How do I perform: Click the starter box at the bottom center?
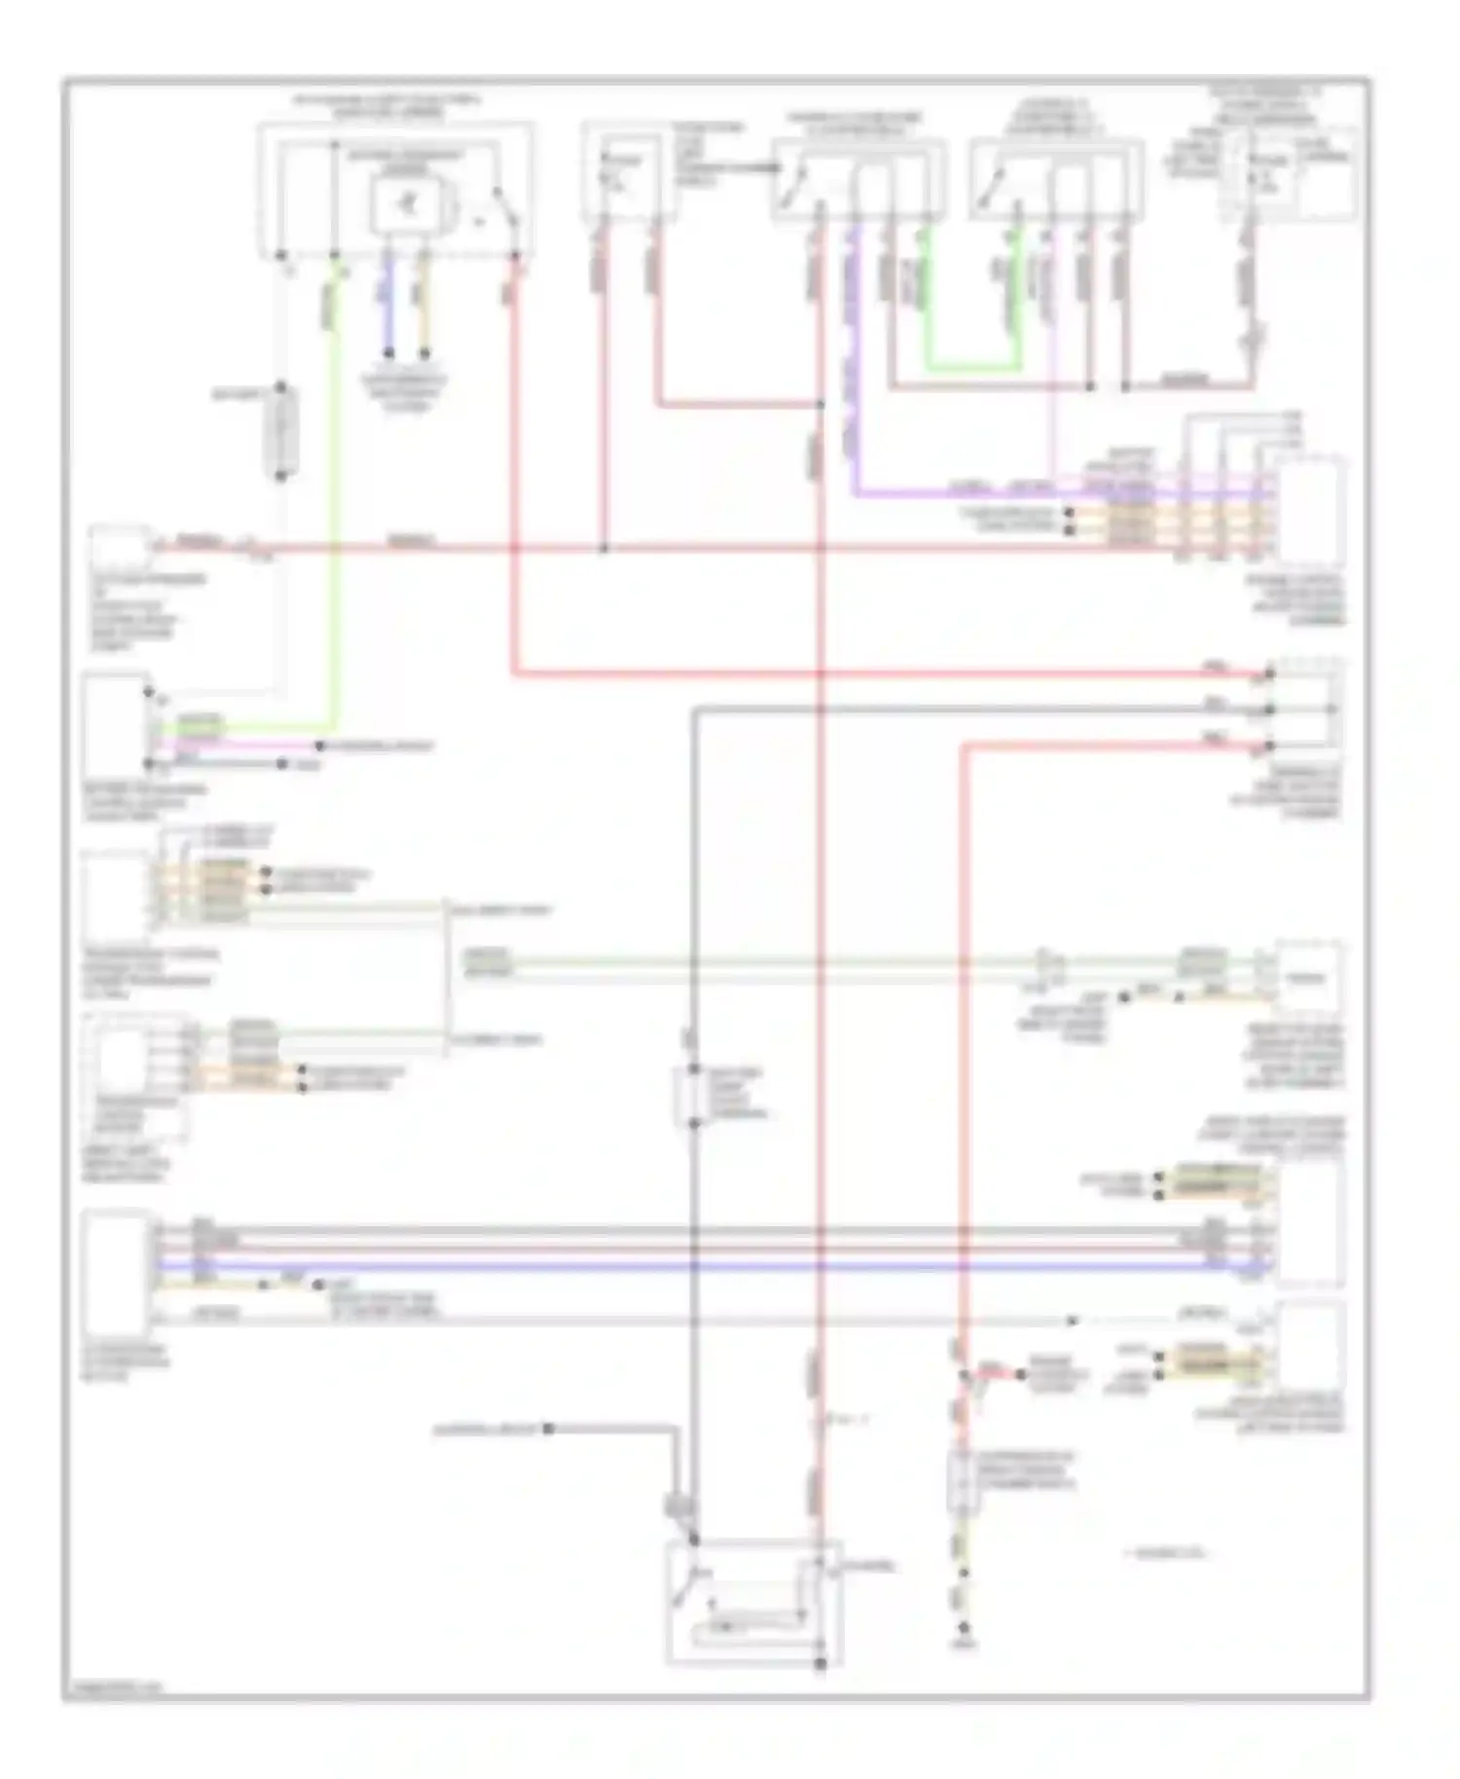(751, 1603)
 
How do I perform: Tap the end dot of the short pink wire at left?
(320, 746)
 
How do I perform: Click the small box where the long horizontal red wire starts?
(119, 550)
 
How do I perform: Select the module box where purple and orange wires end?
(1312, 511)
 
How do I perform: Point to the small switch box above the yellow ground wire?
(964, 1482)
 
